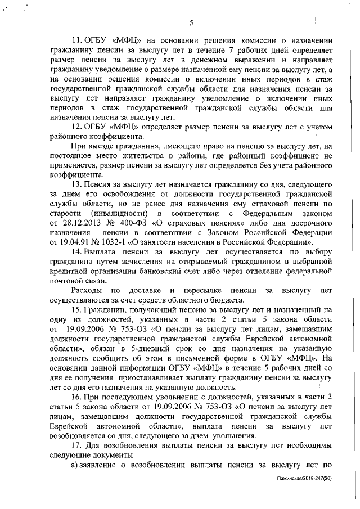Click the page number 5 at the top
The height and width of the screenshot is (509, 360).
coord(192,23)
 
